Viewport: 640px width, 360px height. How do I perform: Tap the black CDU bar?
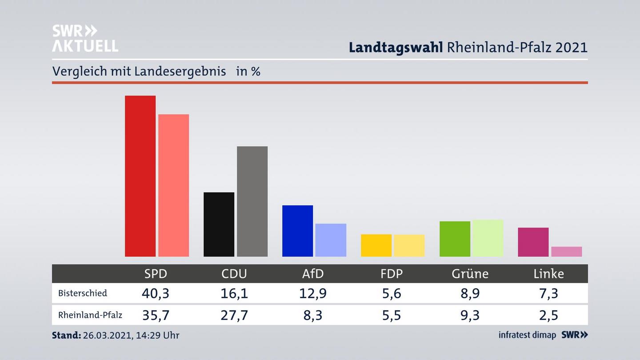tap(219, 224)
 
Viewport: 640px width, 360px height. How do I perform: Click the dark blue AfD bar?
tap(297, 231)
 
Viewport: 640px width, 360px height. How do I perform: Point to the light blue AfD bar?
tap(331, 240)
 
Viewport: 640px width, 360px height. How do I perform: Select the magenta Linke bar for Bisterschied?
tap(533, 242)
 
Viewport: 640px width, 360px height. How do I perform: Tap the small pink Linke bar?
tap(566, 252)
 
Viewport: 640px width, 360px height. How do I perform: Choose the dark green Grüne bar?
tap(455, 239)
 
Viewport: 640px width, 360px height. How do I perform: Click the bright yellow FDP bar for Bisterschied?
tap(376, 245)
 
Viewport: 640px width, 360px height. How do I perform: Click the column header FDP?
tap(392, 274)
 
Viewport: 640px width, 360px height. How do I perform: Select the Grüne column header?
tap(470, 274)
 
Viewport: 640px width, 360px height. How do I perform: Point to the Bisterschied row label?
tap(83, 293)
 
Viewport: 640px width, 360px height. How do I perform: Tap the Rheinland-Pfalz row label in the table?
tap(90, 315)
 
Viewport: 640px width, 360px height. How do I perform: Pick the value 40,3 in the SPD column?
tap(156, 293)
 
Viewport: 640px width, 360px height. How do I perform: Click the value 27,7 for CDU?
tap(234, 315)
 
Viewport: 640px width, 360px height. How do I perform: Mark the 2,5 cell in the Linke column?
tap(548, 315)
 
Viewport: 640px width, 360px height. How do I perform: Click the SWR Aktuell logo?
tap(85, 38)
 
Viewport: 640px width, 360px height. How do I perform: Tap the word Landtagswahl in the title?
tap(396, 48)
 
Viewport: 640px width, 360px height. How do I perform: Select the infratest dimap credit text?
tap(527, 335)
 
